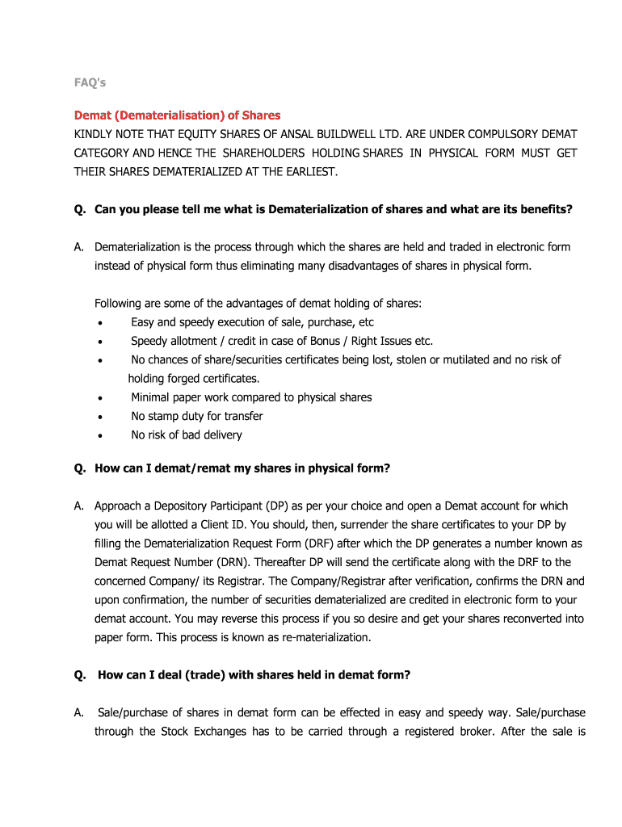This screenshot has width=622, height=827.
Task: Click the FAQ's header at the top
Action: [x=90, y=82]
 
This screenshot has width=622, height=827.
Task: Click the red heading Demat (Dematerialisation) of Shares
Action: [x=178, y=115]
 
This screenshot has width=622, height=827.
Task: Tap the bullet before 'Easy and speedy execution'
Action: [x=99, y=323]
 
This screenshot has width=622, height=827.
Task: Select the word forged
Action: [x=188, y=378]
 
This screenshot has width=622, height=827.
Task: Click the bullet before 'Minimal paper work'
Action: [x=99, y=398]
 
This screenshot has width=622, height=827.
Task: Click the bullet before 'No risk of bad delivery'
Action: [x=99, y=435]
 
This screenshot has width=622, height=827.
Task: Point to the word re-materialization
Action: [x=323, y=637]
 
